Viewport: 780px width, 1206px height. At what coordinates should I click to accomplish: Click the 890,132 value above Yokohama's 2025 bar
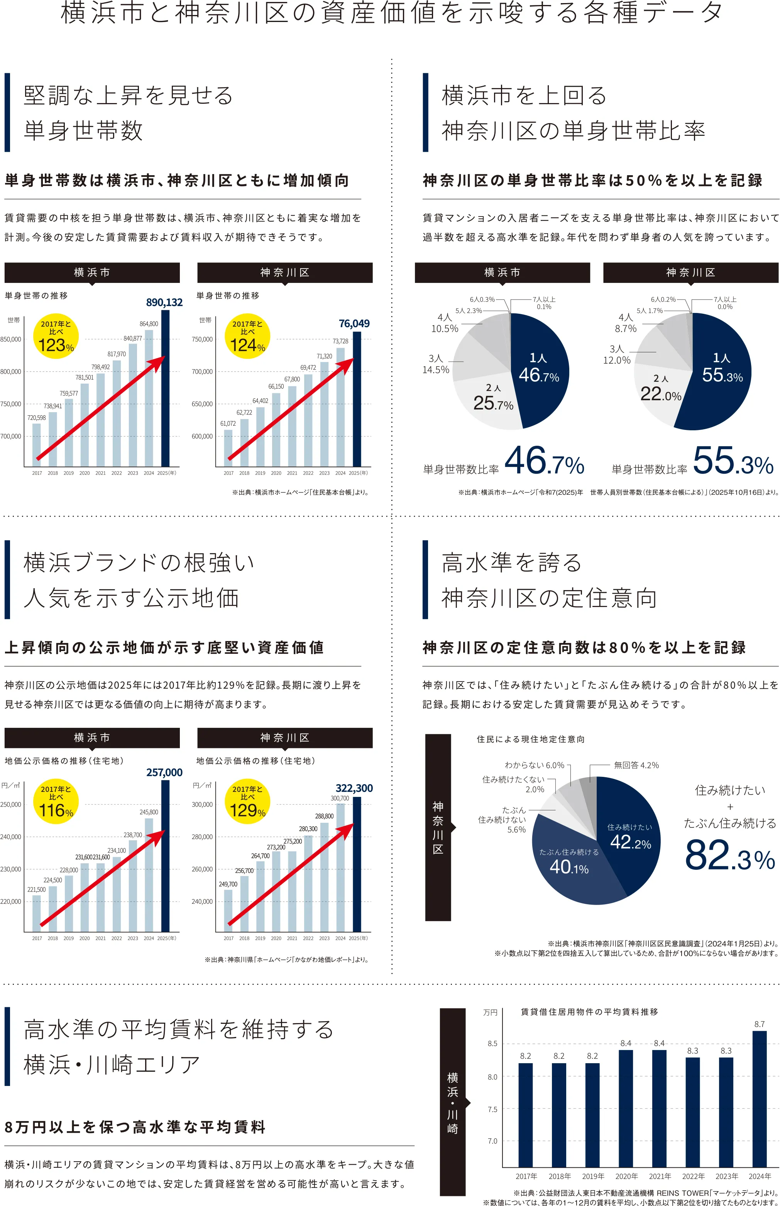coord(164,302)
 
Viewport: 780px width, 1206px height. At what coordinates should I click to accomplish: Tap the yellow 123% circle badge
coord(56,336)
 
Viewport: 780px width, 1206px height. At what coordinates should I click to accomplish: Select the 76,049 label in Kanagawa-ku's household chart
coord(354,323)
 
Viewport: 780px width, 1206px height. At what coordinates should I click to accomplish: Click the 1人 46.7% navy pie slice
coord(538,370)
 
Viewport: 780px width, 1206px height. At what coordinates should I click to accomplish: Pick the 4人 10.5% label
coord(444,323)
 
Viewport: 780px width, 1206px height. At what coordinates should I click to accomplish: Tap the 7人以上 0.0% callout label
coord(725,303)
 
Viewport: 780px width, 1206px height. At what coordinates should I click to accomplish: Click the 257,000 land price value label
coord(164,773)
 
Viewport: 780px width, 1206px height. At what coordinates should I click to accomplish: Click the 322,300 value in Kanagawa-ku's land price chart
coord(354,788)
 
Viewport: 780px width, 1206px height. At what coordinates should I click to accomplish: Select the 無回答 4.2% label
coord(636,765)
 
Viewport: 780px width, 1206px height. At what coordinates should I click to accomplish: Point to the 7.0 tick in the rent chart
coord(492,1141)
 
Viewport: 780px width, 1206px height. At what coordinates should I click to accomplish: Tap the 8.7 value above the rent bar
coord(759,1024)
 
